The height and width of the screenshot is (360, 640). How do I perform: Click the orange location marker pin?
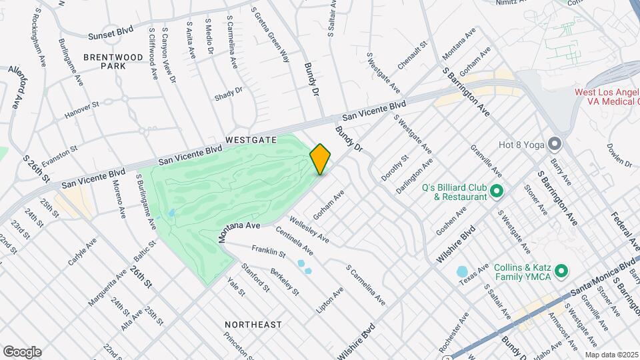coord(321,159)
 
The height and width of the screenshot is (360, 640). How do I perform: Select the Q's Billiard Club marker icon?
coord(497,192)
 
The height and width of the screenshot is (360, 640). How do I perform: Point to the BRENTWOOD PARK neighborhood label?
coord(113,61)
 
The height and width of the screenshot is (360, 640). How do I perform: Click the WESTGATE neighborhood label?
coord(251,140)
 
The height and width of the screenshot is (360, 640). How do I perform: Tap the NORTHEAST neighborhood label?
coord(253,325)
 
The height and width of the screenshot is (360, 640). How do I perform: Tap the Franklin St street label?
coord(269,253)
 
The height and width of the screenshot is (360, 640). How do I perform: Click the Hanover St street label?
coord(81,111)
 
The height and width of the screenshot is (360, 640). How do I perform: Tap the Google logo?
coord(21,352)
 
